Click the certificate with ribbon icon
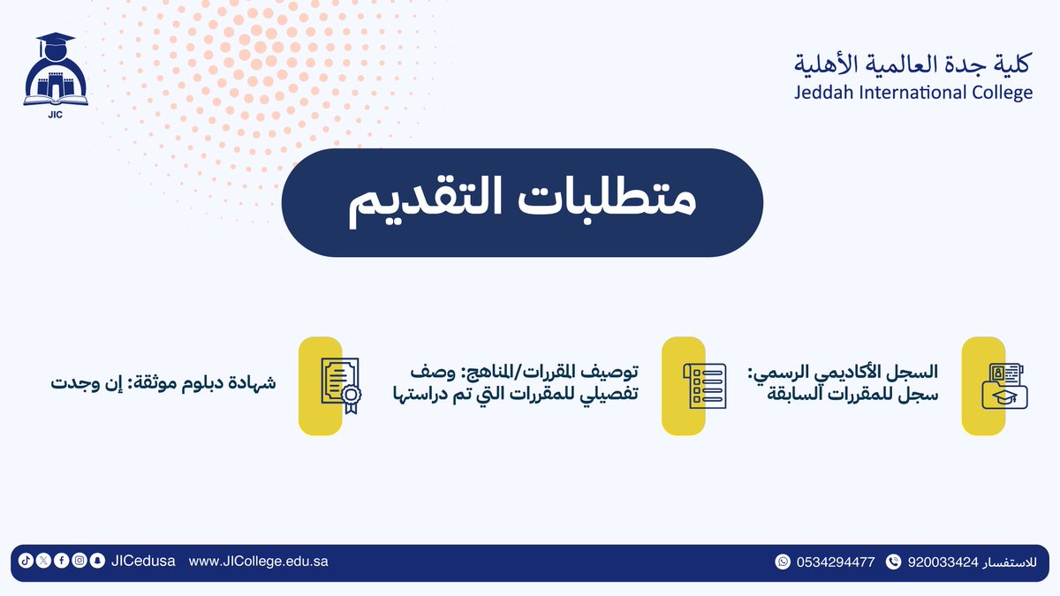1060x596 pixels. click(x=340, y=386)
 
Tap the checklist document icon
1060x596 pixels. click(x=704, y=385)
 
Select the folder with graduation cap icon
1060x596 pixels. click(x=1005, y=386)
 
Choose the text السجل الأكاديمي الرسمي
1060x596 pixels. click(x=843, y=373)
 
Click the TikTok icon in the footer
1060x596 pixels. click(x=26, y=562)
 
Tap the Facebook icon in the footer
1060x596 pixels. click(x=61, y=562)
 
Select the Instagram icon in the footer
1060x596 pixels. click(x=79, y=562)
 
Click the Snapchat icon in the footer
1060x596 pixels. click(x=96, y=562)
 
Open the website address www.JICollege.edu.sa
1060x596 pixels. click(x=258, y=562)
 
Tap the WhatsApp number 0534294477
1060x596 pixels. click(x=835, y=562)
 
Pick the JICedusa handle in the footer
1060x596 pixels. click(x=143, y=562)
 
